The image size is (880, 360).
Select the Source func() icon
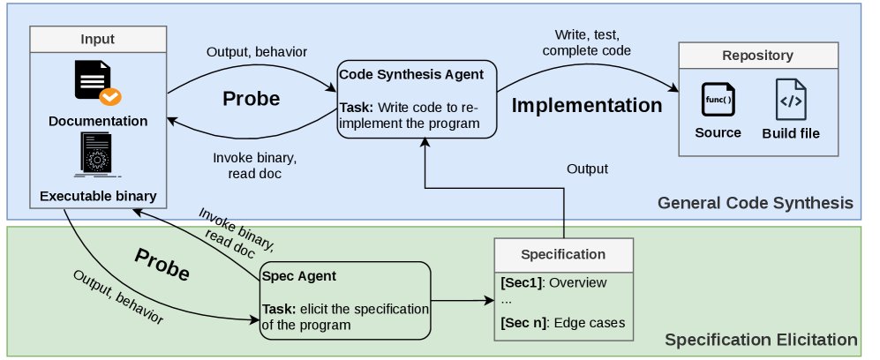click(x=718, y=99)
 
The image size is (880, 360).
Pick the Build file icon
click(x=791, y=99)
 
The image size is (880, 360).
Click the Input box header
click(x=98, y=39)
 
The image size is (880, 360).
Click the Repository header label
click(x=757, y=56)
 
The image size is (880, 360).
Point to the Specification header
click(x=563, y=254)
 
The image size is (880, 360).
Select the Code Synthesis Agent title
click(x=412, y=75)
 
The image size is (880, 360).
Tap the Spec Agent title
click(x=299, y=276)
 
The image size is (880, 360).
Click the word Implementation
click(x=587, y=105)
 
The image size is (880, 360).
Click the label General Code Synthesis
click(x=756, y=202)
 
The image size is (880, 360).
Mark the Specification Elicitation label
click(x=761, y=340)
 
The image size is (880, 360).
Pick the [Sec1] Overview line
click(x=553, y=282)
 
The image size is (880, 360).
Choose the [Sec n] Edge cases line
click(x=562, y=323)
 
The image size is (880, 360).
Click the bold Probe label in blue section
click(x=251, y=99)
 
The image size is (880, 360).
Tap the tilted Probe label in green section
click(x=162, y=264)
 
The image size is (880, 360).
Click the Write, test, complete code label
click(x=586, y=42)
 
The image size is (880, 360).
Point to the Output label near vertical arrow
click(x=587, y=169)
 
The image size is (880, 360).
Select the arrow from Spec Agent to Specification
click(x=463, y=301)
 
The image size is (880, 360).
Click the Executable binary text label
click(x=98, y=196)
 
